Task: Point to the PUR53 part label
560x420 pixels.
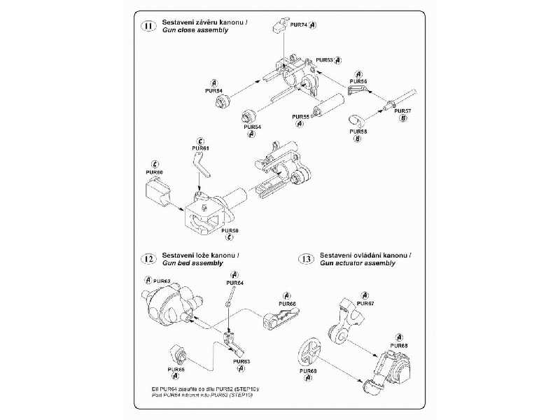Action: (x=324, y=61)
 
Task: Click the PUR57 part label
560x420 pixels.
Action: (x=402, y=111)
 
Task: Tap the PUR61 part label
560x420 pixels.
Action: (x=200, y=149)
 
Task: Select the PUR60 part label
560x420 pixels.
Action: (x=154, y=172)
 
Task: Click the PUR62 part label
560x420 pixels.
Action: (x=153, y=280)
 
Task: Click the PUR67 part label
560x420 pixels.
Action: (x=365, y=302)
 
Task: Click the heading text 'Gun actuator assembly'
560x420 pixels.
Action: (x=357, y=263)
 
